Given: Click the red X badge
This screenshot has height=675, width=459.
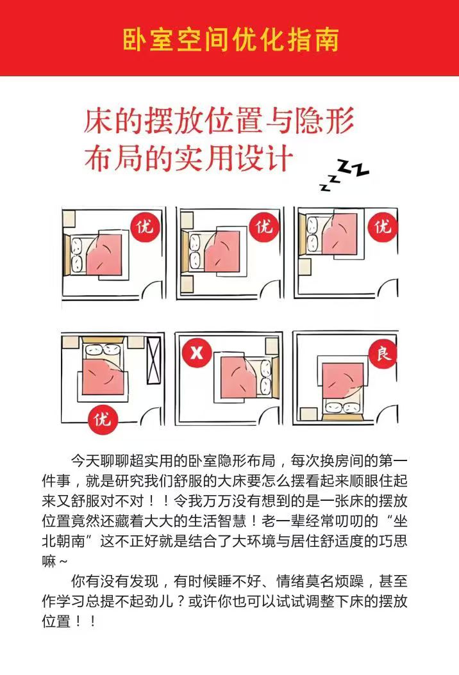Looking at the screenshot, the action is (197, 353).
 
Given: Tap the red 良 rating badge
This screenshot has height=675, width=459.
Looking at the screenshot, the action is (383, 354).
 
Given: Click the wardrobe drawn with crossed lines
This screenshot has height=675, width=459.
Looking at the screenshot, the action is (154, 361).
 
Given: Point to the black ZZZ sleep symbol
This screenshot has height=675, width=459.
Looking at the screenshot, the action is (344, 175).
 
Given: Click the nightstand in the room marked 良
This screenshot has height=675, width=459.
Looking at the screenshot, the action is (308, 414).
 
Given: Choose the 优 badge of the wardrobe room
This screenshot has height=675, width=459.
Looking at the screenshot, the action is (102, 418).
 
